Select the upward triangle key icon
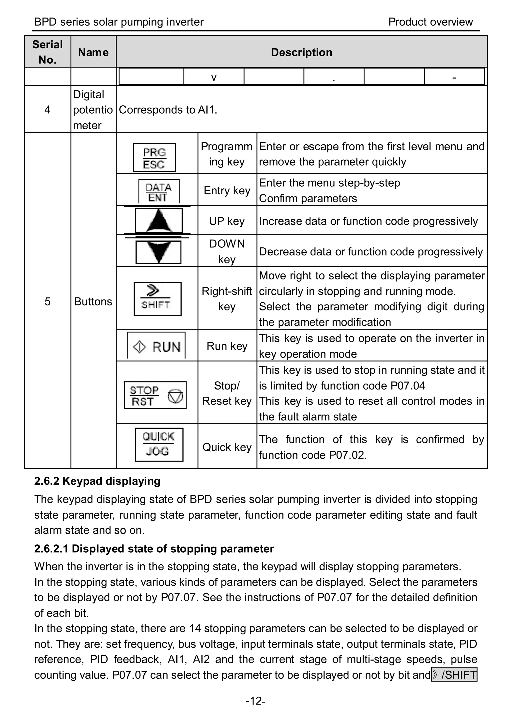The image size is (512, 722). pyautogui.click(x=158, y=221)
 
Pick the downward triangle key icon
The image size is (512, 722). pyautogui.click(x=158, y=252)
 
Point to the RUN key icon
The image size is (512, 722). pyautogui.click(x=156, y=346)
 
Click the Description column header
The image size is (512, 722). pyautogui.click(x=301, y=52)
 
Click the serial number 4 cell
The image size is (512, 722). pyautogui.click(x=47, y=110)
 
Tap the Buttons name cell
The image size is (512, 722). pyautogui.click(x=93, y=301)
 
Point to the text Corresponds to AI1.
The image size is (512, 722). pyautogui.click(x=168, y=110)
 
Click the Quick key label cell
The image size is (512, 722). pyautogui.click(x=227, y=447)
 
